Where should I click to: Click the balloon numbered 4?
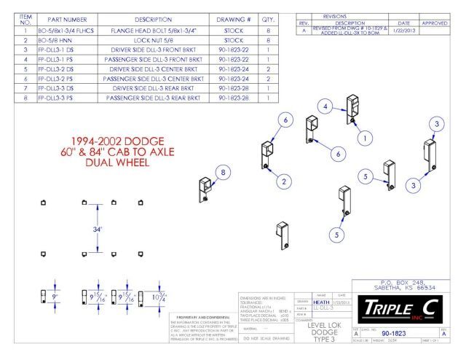328,106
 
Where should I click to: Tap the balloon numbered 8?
224,172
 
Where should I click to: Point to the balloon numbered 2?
286,181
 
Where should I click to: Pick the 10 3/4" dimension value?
157,297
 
